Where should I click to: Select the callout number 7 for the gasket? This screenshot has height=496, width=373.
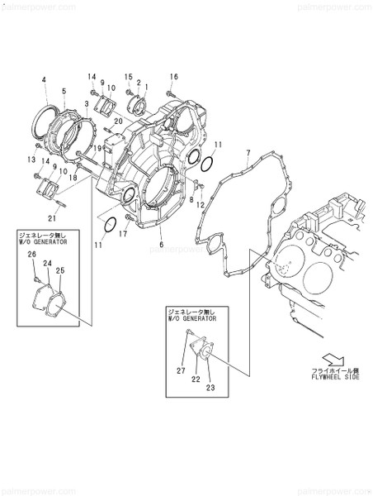(x=248, y=153)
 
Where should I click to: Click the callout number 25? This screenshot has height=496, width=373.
(x=60, y=269)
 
